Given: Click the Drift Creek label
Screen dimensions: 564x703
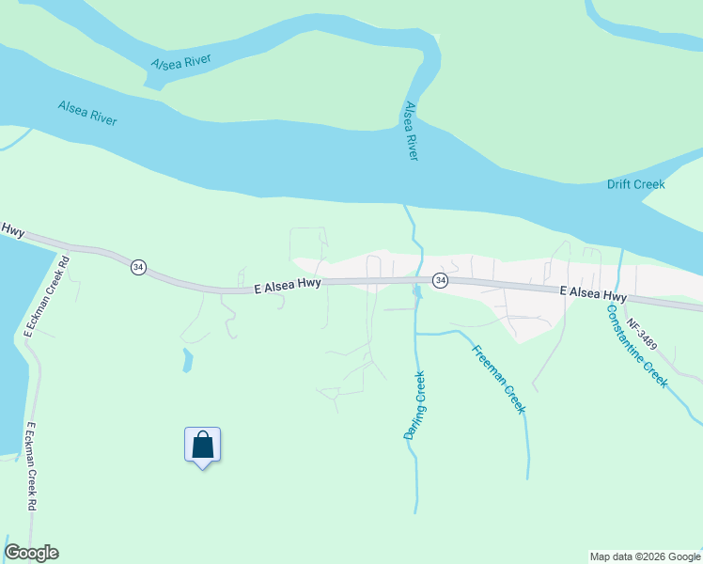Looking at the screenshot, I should (635, 184).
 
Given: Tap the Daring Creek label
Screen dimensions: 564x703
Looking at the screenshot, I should (415, 405).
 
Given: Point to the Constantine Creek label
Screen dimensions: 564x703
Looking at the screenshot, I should (636, 346).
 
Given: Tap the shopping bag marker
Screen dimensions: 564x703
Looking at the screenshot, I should (202, 445).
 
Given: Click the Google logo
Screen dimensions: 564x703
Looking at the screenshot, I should (31, 553).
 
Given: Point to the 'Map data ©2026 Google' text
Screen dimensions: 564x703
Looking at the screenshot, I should (646, 556).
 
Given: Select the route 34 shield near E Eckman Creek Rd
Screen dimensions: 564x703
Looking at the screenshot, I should (139, 267).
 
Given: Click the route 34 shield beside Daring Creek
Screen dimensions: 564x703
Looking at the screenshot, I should (439, 280).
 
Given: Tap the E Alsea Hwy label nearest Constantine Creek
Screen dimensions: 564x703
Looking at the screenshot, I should (593, 292).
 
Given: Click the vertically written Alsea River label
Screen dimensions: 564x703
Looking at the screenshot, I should (410, 132).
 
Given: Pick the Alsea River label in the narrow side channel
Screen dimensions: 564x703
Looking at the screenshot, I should (181, 63).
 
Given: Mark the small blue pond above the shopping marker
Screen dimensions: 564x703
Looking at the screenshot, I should (187, 359).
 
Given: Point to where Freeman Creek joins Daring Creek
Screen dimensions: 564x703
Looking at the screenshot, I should (416, 332).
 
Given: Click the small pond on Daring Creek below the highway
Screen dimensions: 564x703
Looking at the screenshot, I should (416, 292).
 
